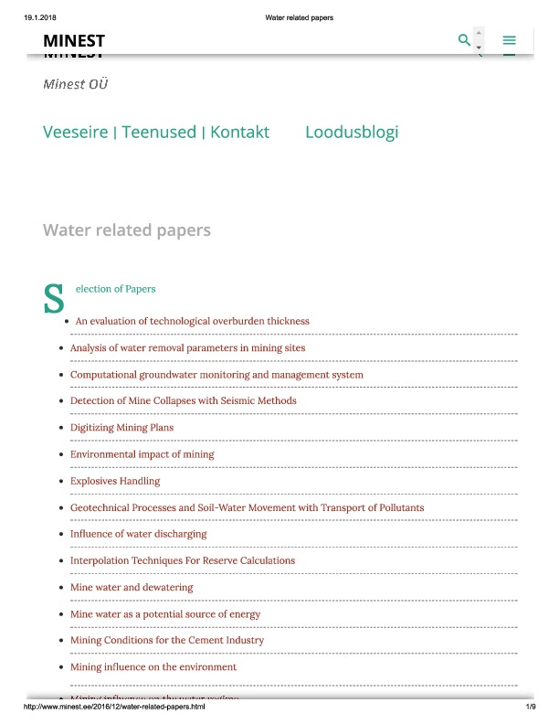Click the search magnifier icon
(464, 40)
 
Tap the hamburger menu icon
(510, 40)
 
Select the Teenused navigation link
(159, 132)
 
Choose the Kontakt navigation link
(239, 132)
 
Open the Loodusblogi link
(352, 132)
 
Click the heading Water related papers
(127, 229)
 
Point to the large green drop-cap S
(54, 298)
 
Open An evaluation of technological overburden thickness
(192, 321)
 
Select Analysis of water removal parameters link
(187, 348)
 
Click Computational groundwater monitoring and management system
(216, 375)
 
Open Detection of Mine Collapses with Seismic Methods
(183, 401)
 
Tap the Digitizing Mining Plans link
(121, 428)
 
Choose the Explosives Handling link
(115, 481)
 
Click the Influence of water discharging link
(138, 534)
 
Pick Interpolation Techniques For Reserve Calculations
(183, 560)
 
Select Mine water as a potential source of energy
(165, 614)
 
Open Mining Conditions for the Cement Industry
(167, 641)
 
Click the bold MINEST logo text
(74, 40)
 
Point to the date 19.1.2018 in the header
(41, 17)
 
